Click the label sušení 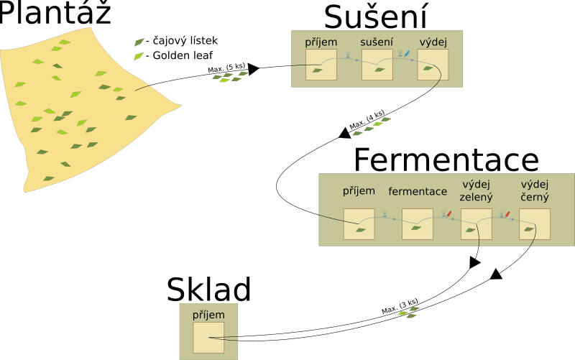point(377,42)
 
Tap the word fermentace point(418,191)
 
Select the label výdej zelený point(476,191)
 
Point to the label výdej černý point(535,191)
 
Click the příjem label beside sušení point(321,42)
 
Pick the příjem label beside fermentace point(359,190)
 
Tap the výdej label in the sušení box point(433,42)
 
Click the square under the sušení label point(377,65)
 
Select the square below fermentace point(418,224)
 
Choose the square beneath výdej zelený point(476,224)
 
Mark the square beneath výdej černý point(535,224)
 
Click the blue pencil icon point(407,53)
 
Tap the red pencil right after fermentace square point(449,213)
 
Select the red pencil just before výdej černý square point(507,213)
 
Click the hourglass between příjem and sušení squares point(348,54)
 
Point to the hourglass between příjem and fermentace point(385,213)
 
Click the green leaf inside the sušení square point(379,70)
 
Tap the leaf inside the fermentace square point(416,228)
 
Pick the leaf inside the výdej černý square point(529,229)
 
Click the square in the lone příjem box point(208,337)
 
